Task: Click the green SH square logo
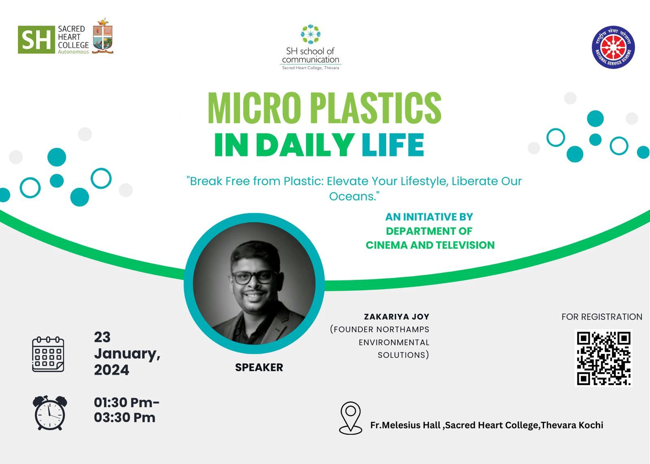coord(36,39)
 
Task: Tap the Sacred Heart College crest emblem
coord(103,36)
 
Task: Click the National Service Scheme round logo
coord(613,47)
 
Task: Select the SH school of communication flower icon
coord(310,34)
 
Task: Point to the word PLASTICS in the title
coord(376,108)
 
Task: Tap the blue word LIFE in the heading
coord(393,145)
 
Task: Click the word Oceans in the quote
coord(352,197)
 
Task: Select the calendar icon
coord(48,354)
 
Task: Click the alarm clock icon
coord(50,413)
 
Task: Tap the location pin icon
coord(351,418)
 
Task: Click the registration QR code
coord(604,358)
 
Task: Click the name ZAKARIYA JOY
coord(396,317)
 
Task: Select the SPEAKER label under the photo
coord(259,367)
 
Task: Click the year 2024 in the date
coord(111,370)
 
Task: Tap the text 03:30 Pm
coord(124,418)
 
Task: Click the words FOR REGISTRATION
coord(602,317)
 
